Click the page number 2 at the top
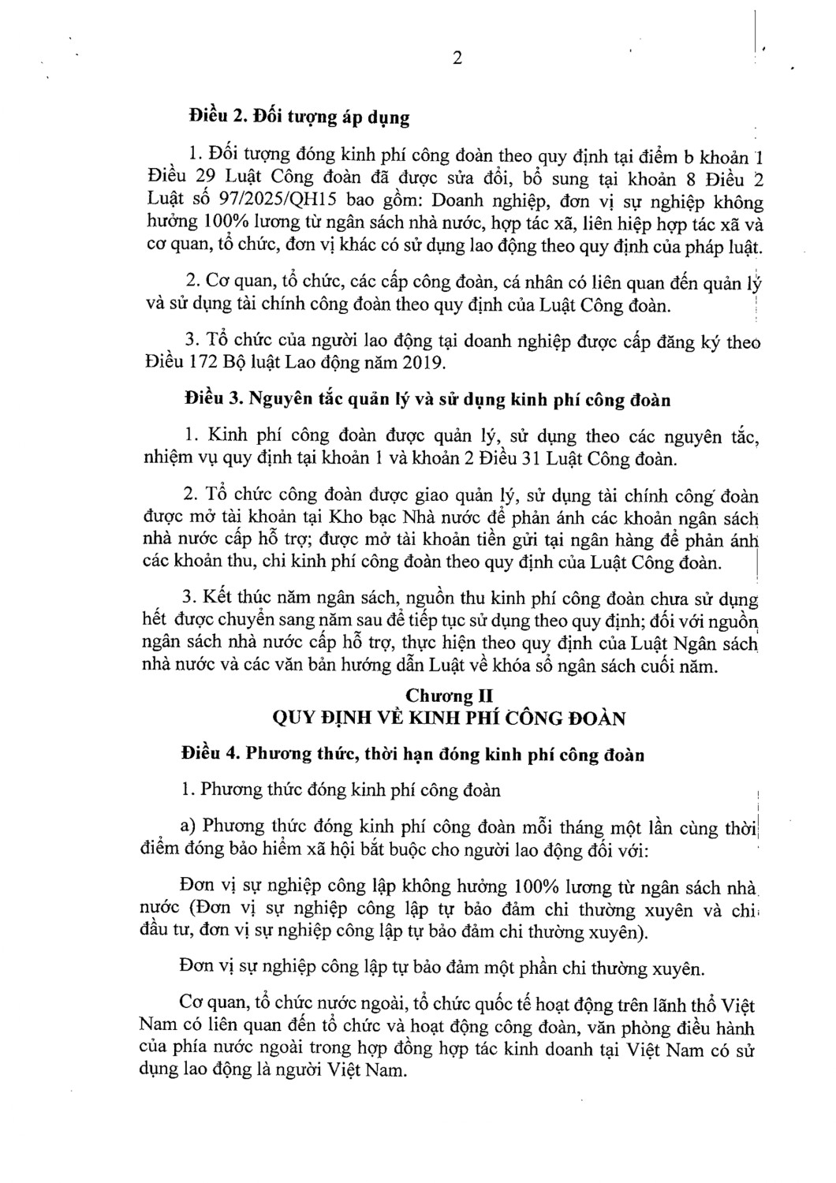pos(457,60)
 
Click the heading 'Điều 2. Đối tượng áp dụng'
pos(299,118)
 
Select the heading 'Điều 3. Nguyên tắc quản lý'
pos(426,400)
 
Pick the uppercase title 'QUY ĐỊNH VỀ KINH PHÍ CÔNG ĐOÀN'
pos(448,718)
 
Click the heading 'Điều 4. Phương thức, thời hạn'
pos(412,755)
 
